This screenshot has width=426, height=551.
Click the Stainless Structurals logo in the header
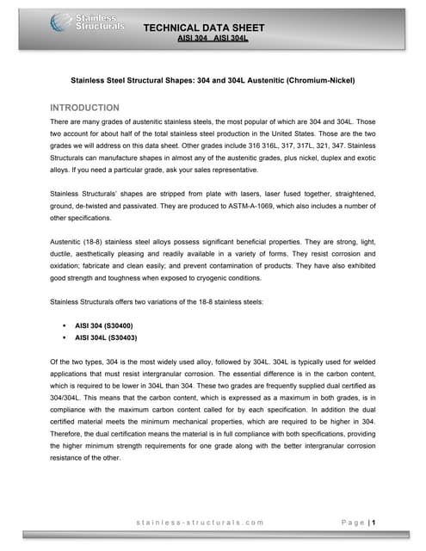[87, 22]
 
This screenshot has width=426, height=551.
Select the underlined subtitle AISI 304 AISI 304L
[213, 40]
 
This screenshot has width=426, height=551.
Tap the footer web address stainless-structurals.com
[205, 522]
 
